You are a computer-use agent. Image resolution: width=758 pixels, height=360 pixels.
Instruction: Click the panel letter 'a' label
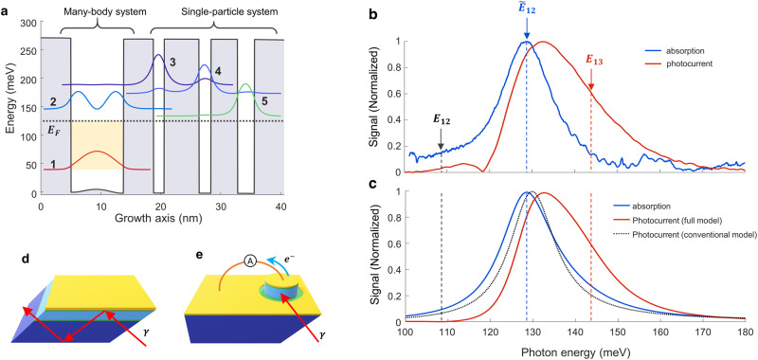[x=7, y=8]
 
